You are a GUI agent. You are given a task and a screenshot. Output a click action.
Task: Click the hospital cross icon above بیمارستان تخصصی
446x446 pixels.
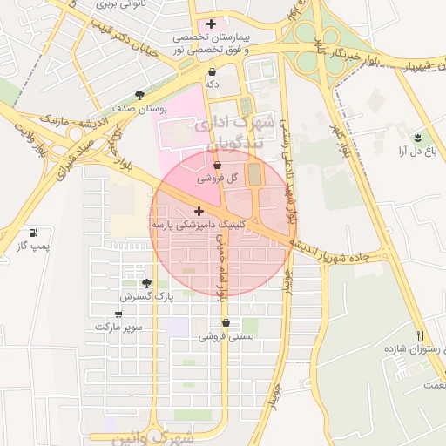(211, 24)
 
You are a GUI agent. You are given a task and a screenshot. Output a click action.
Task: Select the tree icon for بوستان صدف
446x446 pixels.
(139, 96)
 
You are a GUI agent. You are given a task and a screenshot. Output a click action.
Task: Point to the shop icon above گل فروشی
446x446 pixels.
(217, 164)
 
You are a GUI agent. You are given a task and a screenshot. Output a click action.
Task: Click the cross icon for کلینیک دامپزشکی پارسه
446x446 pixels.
(199, 211)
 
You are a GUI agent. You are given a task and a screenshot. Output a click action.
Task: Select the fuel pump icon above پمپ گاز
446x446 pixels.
(33, 233)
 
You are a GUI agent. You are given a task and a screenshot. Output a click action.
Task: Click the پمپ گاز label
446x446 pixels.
(33, 247)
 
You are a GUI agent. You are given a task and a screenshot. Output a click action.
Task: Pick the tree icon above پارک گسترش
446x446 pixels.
(146, 283)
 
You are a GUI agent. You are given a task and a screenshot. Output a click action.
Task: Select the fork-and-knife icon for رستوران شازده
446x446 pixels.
(421, 335)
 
